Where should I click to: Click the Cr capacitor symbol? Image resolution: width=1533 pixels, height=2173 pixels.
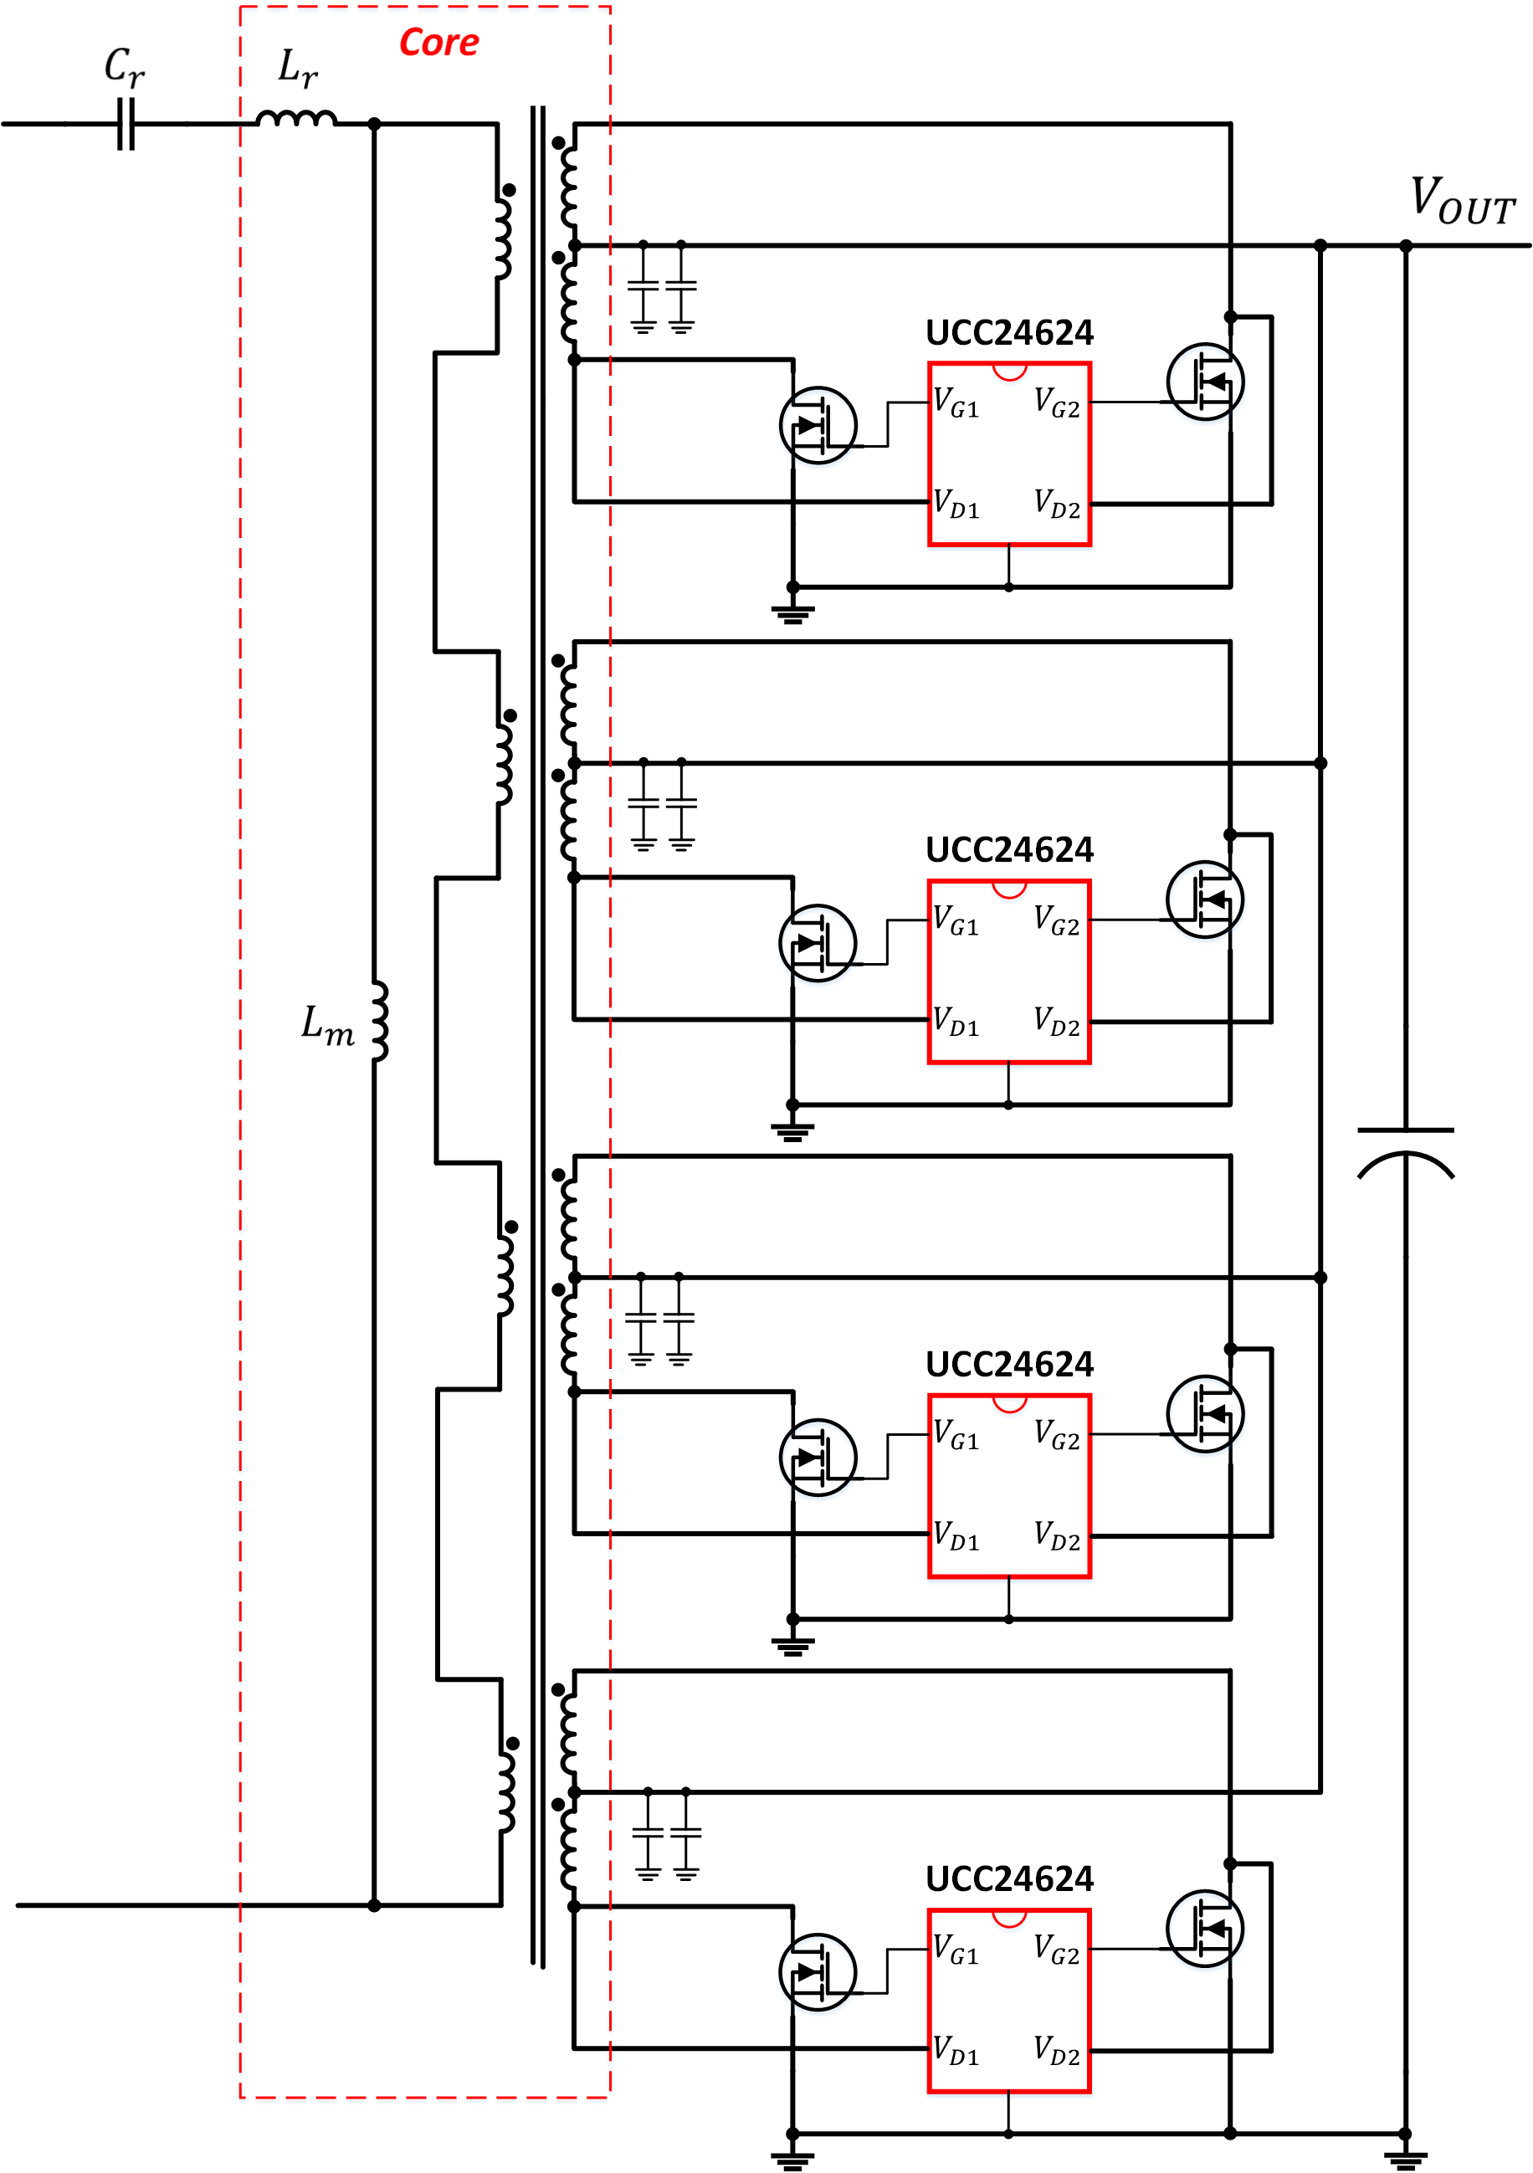[126, 124]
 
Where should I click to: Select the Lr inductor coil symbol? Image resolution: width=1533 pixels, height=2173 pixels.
[296, 118]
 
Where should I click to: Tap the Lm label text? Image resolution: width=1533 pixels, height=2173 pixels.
[327, 1025]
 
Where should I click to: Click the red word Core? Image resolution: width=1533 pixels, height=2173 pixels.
[438, 43]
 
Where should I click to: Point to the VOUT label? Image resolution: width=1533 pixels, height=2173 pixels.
[1462, 201]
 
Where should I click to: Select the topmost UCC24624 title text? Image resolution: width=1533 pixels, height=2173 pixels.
[1009, 332]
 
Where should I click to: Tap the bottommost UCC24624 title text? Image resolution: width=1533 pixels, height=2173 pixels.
[1009, 1878]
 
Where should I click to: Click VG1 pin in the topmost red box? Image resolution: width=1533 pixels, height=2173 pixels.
[956, 402]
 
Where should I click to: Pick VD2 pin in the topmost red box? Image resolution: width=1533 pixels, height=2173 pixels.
[1056, 504]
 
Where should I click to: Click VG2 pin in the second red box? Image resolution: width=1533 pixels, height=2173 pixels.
[1056, 919]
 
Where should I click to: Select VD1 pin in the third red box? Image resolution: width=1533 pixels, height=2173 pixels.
[956, 1535]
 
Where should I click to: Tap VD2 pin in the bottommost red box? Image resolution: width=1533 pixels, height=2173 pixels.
[1056, 2050]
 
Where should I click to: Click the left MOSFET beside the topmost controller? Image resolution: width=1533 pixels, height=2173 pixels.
[818, 425]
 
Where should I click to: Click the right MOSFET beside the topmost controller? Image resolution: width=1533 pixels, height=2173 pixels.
[1205, 382]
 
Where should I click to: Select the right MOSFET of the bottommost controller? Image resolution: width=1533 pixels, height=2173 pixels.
[1205, 1928]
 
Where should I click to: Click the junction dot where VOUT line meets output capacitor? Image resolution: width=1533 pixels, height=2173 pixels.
[1405, 246]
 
